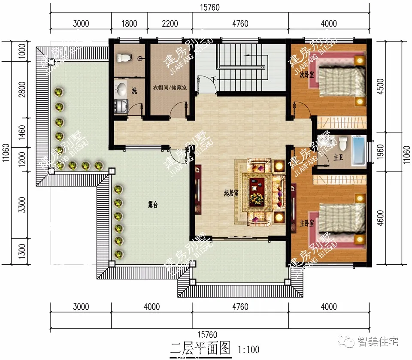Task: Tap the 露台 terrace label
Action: coord(152,206)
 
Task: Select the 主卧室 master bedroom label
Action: coord(307,224)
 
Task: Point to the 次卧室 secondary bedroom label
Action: coord(307,74)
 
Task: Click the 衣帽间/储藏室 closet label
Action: coord(170,88)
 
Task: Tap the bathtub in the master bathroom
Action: coord(359,150)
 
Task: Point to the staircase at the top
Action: coord(240,64)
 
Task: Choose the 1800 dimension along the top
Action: coord(129,24)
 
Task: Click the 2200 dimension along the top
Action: coord(170,24)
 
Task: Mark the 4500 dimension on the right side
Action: coord(399,86)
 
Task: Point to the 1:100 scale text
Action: coord(248,349)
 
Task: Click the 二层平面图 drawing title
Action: coord(200,348)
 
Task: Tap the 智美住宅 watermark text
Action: coord(378,342)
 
